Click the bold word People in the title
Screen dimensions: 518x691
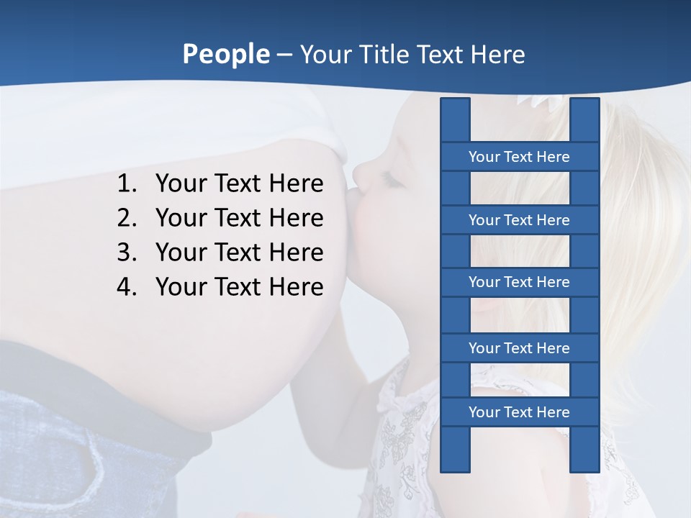pyautogui.click(x=225, y=54)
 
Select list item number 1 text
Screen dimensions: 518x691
pyautogui.click(x=239, y=183)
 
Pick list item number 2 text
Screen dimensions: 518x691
pyautogui.click(x=239, y=217)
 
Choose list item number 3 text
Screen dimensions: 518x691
pyautogui.click(x=239, y=253)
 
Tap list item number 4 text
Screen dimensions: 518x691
pyautogui.click(x=239, y=286)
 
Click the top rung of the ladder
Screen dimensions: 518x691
pyautogui.click(x=519, y=157)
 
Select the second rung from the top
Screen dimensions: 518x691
pyautogui.click(x=519, y=220)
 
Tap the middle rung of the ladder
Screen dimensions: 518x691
pyautogui.click(x=519, y=282)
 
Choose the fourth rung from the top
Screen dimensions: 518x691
pyautogui.click(x=519, y=348)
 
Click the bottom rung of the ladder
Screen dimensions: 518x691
pyautogui.click(x=519, y=412)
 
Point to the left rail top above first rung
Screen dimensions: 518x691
pyautogui.click(x=455, y=119)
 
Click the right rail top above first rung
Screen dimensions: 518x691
pyautogui.click(x=584, y=119)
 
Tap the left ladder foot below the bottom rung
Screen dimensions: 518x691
pyautogui.click(x=455, y=450)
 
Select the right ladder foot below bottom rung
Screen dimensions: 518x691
pyautogui.click(x=584, y=450)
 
